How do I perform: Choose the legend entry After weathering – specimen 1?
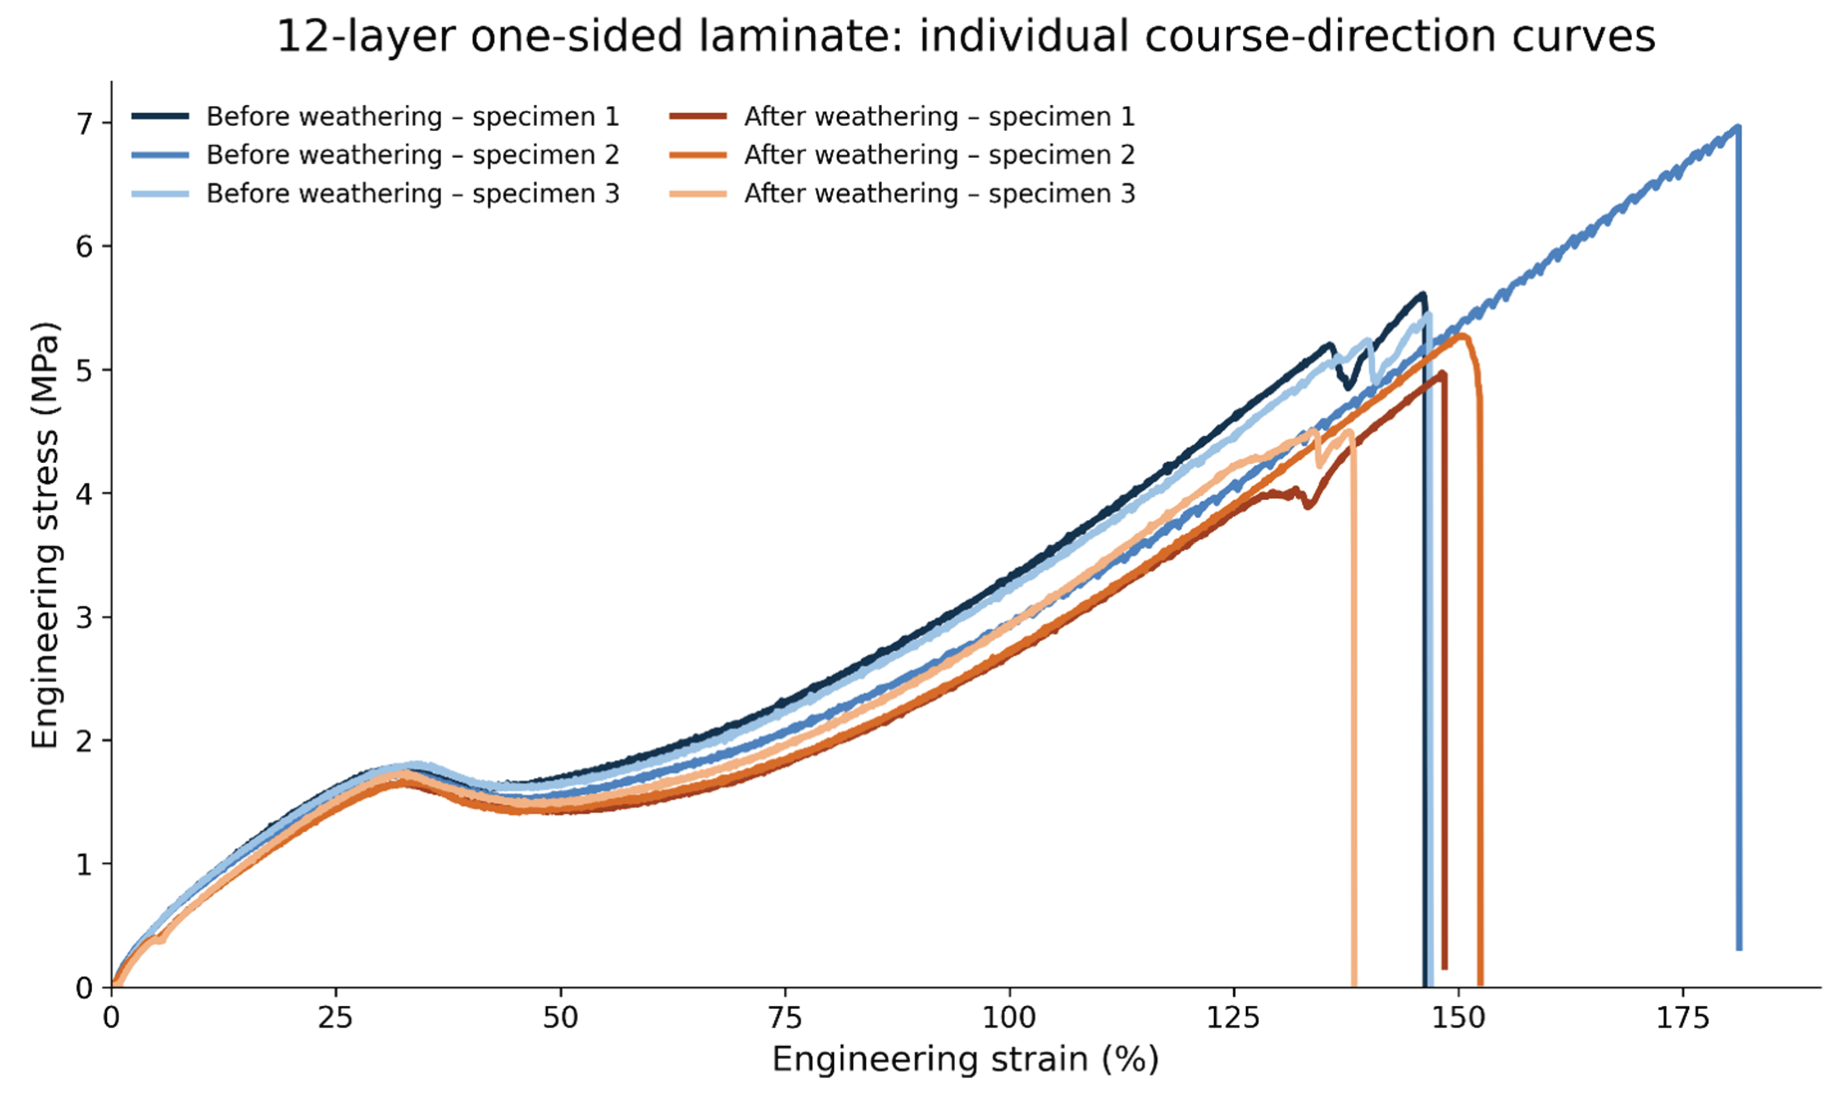[x=902, y=117]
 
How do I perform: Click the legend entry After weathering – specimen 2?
[x=902, y=155]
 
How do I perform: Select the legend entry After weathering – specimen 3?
[x=902, y=193]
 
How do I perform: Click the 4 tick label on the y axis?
[x=85, y=493]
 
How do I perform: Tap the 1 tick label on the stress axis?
[x=85, y=864]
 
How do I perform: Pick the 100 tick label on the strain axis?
[x=1009, y=1018]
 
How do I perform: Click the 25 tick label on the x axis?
[x=336, y=1018]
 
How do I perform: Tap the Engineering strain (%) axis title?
[x=965, y=1060]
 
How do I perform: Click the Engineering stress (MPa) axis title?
[x=45, y=535]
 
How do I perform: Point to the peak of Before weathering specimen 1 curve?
[x=1422, y=294]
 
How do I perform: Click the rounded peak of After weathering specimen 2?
[x=1461, y=336]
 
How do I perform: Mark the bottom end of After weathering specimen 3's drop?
[x=1354, y=983]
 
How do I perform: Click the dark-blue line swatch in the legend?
[x=160, y=117]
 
